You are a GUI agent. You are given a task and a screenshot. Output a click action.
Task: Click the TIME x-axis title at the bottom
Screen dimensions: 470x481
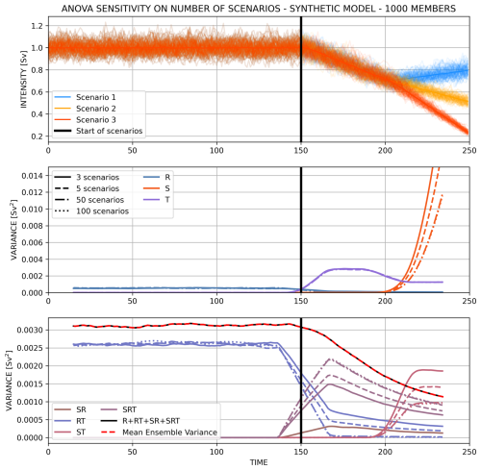tap(259, 462)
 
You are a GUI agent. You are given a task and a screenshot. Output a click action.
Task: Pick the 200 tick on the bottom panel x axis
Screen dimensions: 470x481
tap(387, 451)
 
